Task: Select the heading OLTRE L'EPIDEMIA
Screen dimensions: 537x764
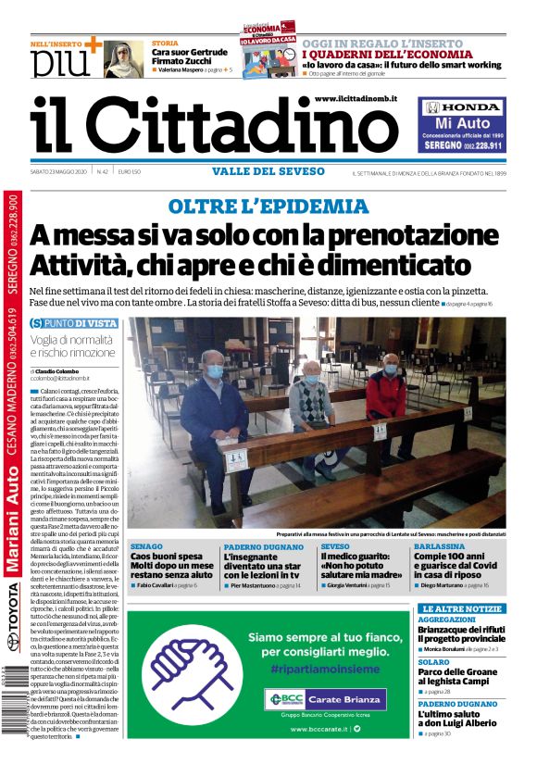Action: point(268,206)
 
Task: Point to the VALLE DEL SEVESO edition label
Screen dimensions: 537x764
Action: point(268,171)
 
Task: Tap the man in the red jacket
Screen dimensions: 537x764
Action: point(387,389)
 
